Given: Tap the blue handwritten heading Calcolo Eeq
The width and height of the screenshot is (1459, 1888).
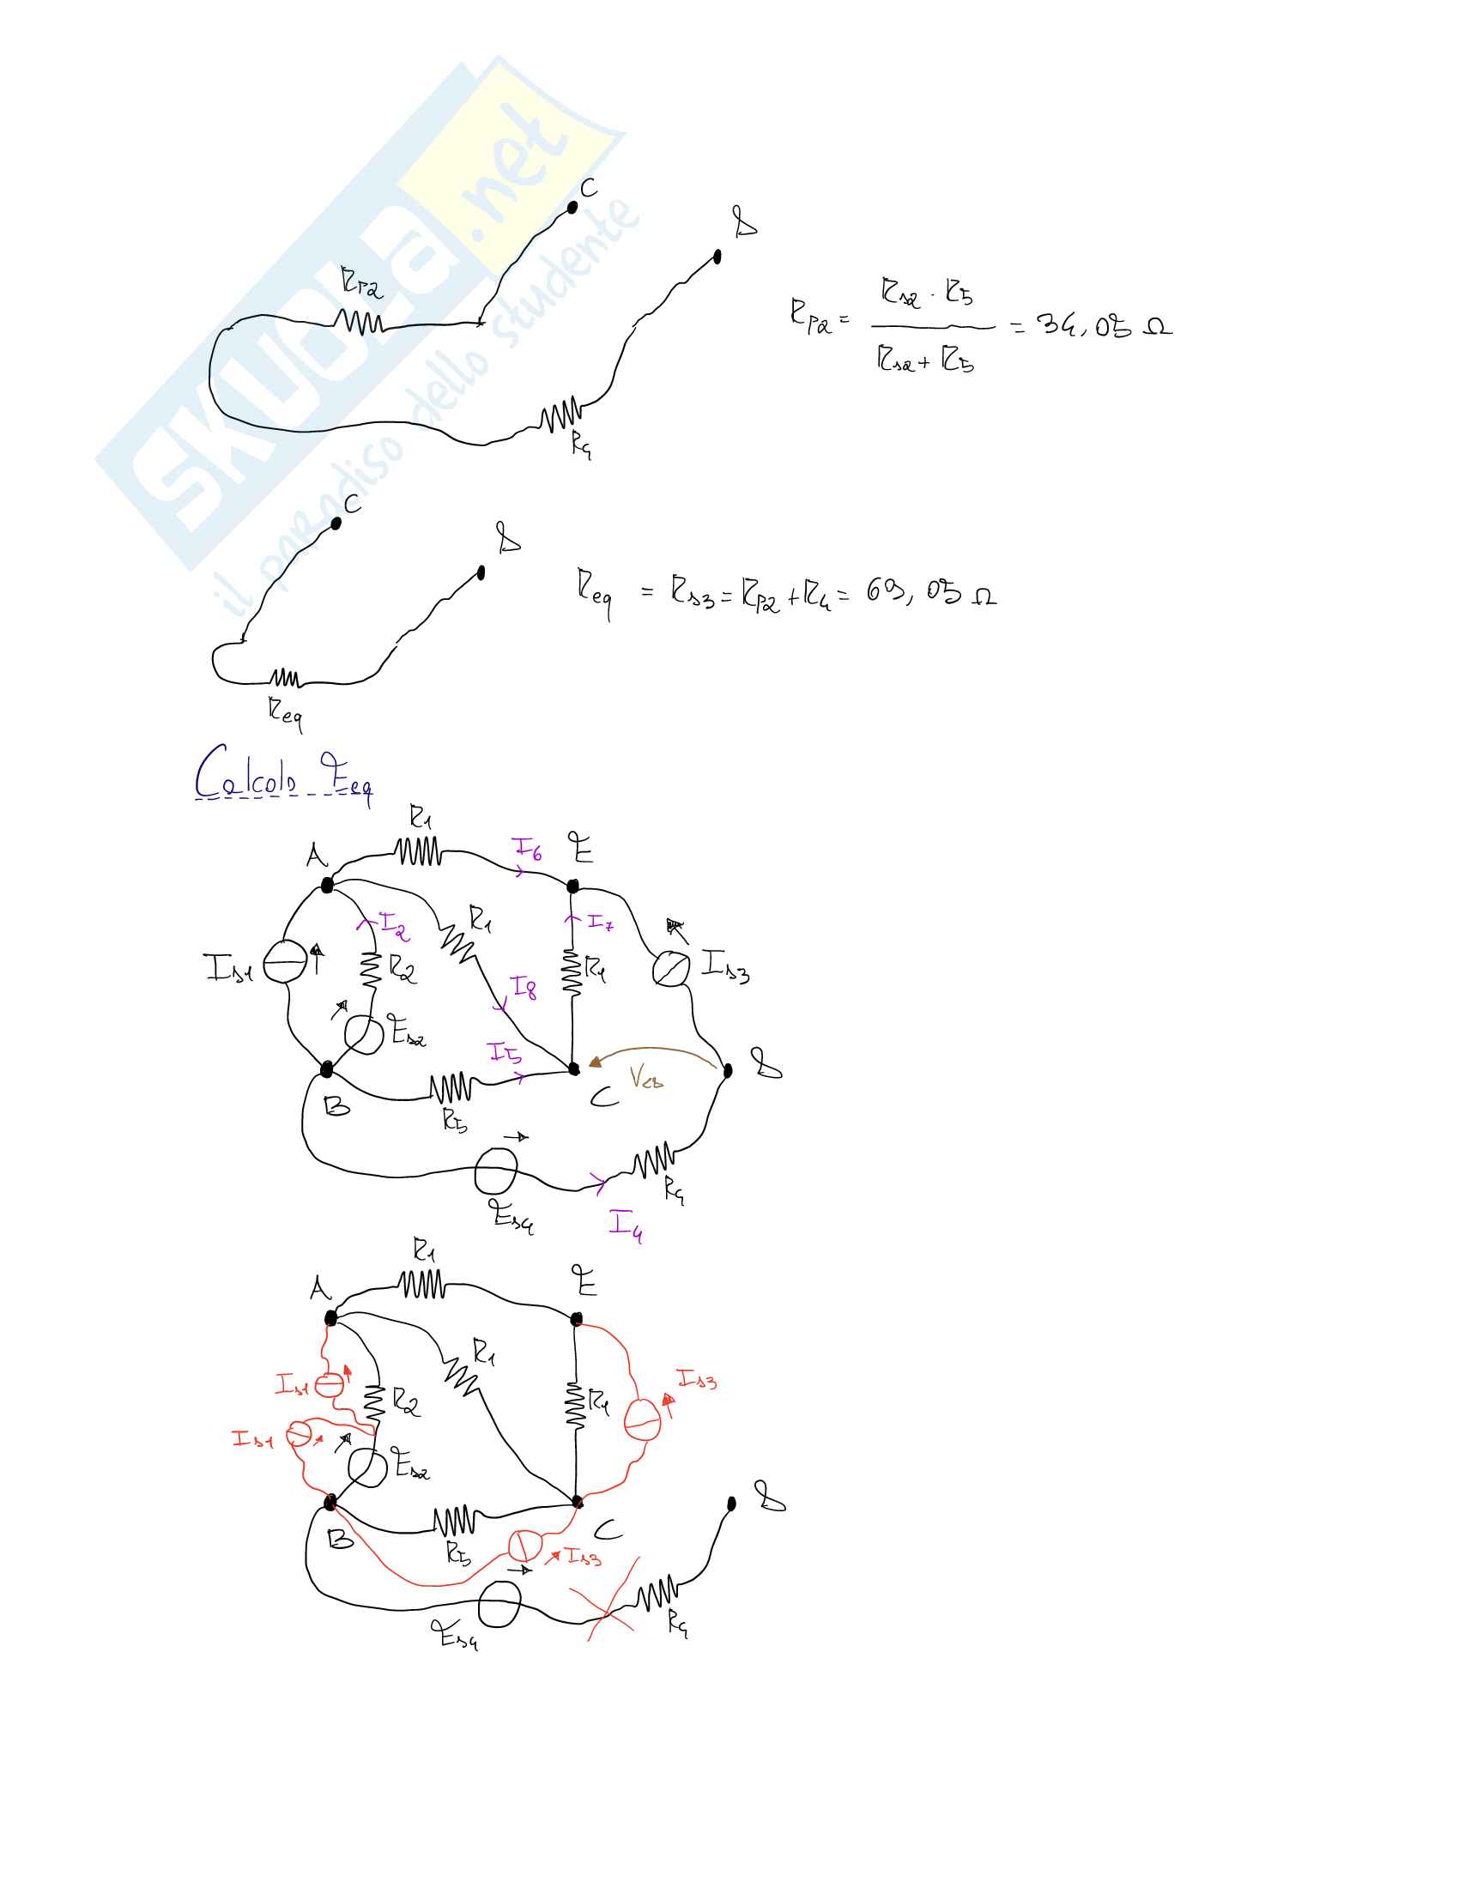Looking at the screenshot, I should [282, 774].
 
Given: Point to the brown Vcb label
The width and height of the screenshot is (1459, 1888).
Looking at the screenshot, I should [645, 1077].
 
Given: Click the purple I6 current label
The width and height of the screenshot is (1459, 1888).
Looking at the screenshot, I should [526, 850].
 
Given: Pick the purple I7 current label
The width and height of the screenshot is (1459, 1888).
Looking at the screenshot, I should [600, 923].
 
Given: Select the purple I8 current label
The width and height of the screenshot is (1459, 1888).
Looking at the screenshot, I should [524, 987].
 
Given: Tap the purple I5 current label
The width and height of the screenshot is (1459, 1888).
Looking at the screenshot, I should [505, 1053].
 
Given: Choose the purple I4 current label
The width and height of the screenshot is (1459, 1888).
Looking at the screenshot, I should [625, 1224].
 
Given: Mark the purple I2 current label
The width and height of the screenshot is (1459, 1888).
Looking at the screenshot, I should [395, 928].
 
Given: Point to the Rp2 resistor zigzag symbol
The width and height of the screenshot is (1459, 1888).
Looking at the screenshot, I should [360, 323].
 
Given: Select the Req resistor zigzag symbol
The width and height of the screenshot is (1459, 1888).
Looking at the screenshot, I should [285, 678].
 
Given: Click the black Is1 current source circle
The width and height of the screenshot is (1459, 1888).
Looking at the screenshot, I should [284, 962].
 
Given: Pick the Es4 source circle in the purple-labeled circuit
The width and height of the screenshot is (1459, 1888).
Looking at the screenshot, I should [496, 1170].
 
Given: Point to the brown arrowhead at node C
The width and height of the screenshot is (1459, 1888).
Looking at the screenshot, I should [595, 1062].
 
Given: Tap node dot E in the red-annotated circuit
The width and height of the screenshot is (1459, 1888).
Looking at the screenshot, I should [577, 1319].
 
